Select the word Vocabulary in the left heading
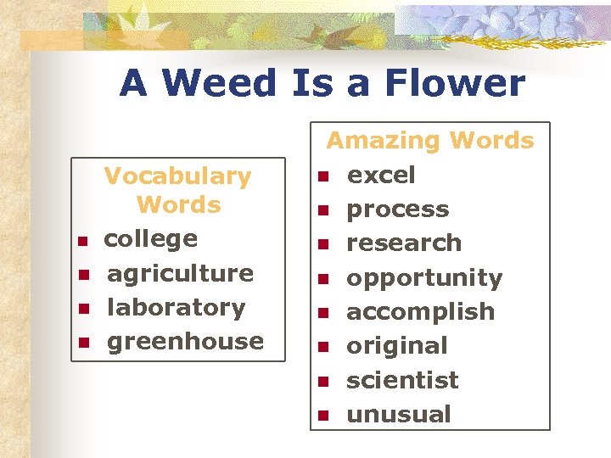click(177, 176)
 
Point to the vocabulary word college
click(150, 239)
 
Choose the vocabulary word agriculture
click(180, 273)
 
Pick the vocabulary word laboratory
click(176, 307)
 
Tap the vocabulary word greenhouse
click(185, 341)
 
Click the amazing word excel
click(381, 175)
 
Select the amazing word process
click(398, 209)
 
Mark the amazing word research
click(404, 243)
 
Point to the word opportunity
click(424, 278)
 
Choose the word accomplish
click(420, 311)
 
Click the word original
click(396, 345)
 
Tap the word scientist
click(402, 380)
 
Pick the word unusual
click(399, 414)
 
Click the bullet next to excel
click(322, 176)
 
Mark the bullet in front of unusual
click(322, 416)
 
